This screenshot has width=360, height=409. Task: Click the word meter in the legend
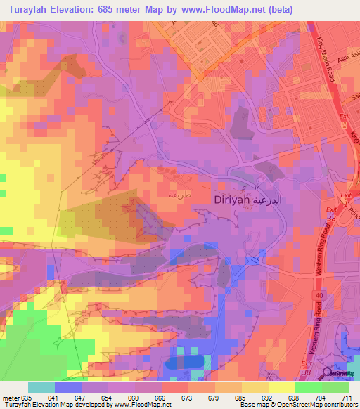[10, 398]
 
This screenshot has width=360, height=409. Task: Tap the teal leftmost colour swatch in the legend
[41, 387]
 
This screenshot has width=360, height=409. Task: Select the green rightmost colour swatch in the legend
[335, 387]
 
